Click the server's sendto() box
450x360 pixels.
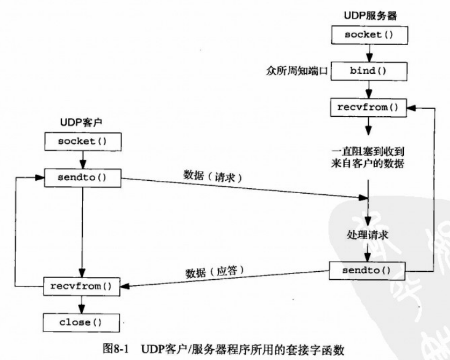point(368,269)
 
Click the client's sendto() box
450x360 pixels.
point(80,177)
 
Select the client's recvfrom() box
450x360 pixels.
point(80,285)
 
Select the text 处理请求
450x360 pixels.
point(368,235)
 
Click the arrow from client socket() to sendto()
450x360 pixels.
point(80,159)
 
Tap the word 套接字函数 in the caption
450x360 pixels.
point(305,348)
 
